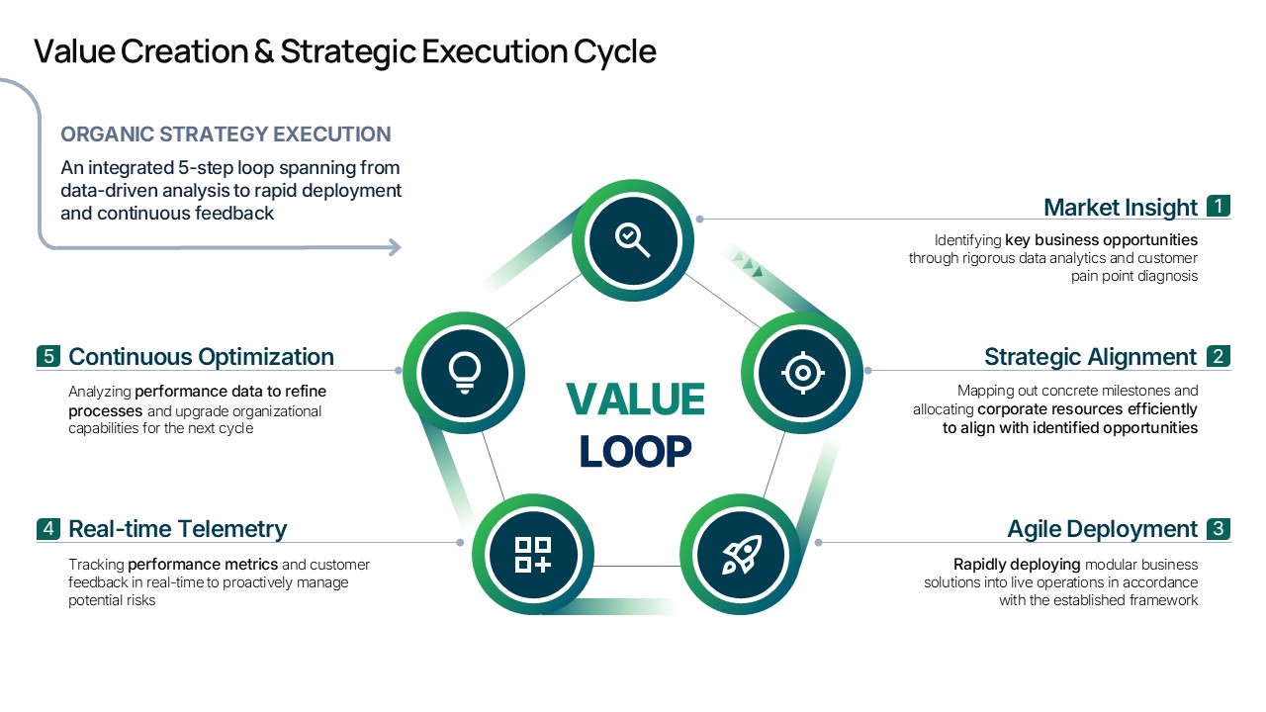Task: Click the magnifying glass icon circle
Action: [x=633, y=240]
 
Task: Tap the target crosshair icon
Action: [x=802, y=373]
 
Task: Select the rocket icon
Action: [x=742, y=555]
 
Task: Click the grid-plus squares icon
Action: [x=533, y=555]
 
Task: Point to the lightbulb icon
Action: [x=465, y=373]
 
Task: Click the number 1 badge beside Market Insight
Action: [x=1219, y=206]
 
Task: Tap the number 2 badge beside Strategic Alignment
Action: [x=1219, y=356]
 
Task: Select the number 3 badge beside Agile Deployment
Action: [x=1219, y=529]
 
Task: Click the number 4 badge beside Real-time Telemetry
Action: [x=48, y=529]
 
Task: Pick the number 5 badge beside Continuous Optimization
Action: [x=48, y=356]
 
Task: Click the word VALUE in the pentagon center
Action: [x=635, y=400]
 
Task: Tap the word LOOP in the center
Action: [x=635, y=452]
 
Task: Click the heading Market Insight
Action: [x=1121, y=208]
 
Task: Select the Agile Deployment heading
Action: [x=1102, y=529]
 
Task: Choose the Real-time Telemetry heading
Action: [x=177, y=529]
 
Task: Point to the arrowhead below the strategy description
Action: [x=395, y=247]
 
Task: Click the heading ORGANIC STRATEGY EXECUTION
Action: [x=226, y=134]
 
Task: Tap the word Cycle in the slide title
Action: [x=615, y=52]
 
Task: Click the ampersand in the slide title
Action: [x=264, y=50]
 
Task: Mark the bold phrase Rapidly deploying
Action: [x=1017, y=564]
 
